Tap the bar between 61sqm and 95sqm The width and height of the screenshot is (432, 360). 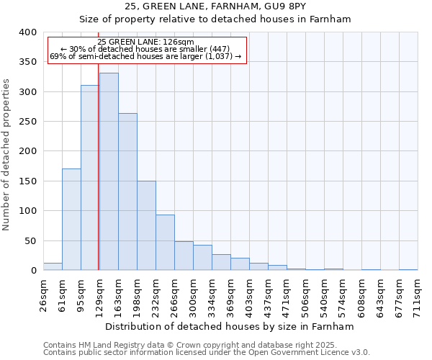(x=71, y=220)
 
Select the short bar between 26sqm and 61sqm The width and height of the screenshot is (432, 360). (x=53, y=266)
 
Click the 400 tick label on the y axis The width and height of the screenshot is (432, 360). (x=27, y=32)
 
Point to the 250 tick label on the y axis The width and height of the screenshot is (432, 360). (x=27, y=122)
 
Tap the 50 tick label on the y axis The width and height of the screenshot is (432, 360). (x=30, y=240)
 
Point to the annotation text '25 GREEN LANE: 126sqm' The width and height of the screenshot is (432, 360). (x=146, y=42)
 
